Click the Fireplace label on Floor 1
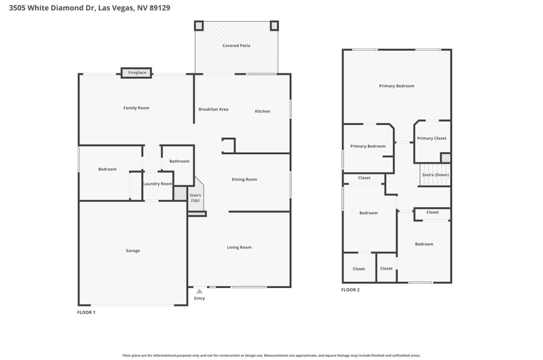137,73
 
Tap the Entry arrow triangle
200,291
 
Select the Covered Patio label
236,46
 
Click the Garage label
133,251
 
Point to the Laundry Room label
158,183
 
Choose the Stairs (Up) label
195,198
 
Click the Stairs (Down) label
435,175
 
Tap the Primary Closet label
432,139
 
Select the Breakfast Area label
213,109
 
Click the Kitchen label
263,111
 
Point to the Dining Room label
244,179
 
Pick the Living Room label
240,247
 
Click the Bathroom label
179,161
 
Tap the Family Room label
136,108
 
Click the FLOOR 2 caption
350,289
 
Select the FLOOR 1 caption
86,312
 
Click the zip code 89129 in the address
160,7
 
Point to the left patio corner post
199,26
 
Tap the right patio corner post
274,26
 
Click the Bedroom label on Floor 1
107,169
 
